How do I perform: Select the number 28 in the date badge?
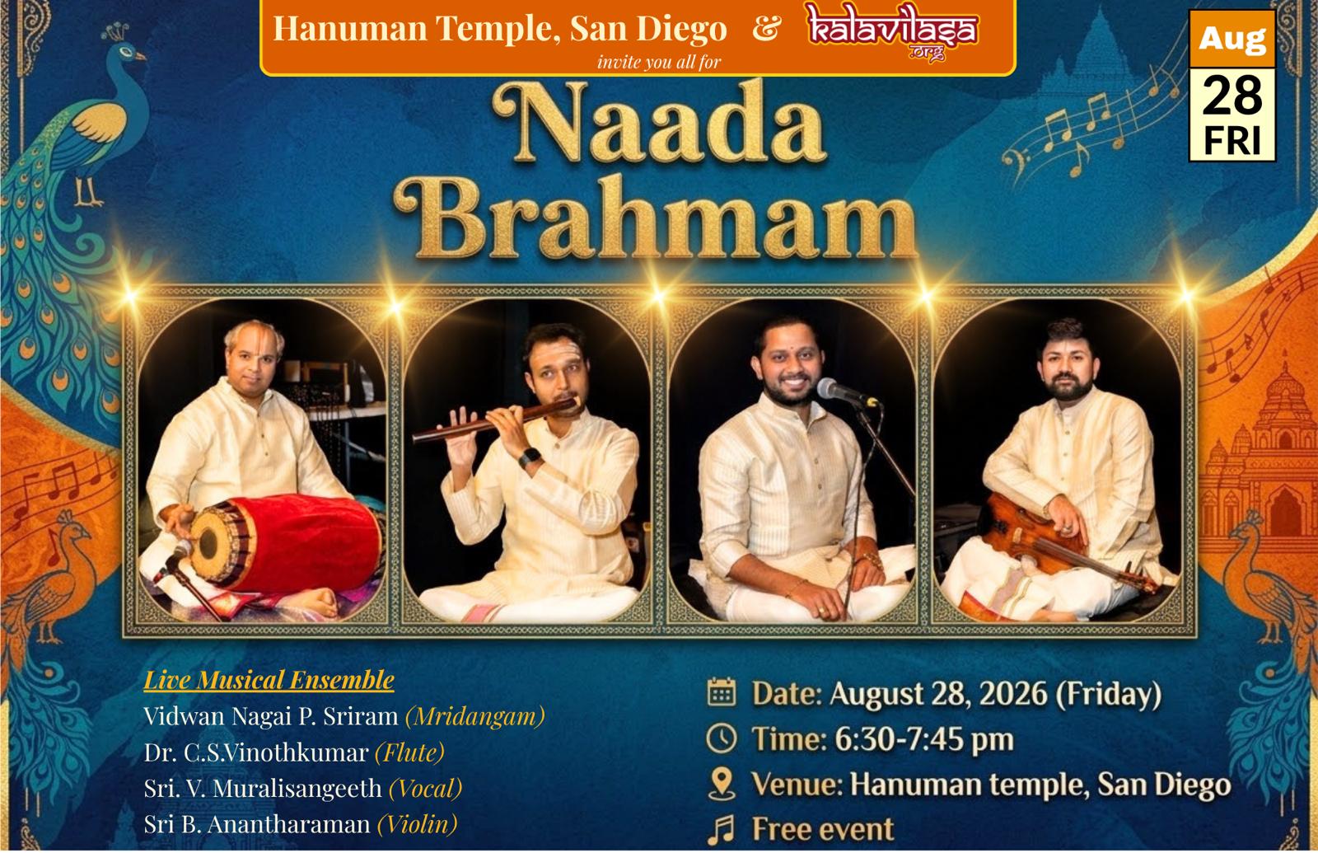pos(1232,96)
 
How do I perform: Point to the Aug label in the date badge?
pos(1232,40)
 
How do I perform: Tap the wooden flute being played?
pos(495,419)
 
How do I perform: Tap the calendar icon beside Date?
pos(722,693)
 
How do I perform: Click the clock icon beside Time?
pos(722,738)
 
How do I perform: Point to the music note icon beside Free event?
pos(722,829)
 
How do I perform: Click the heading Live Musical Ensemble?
pos(269,680)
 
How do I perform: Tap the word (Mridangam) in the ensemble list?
pos(475,716)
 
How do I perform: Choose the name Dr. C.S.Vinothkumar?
pos(256,753)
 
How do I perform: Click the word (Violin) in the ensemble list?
pos(417,824)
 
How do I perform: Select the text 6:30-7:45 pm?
pos(923,739)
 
